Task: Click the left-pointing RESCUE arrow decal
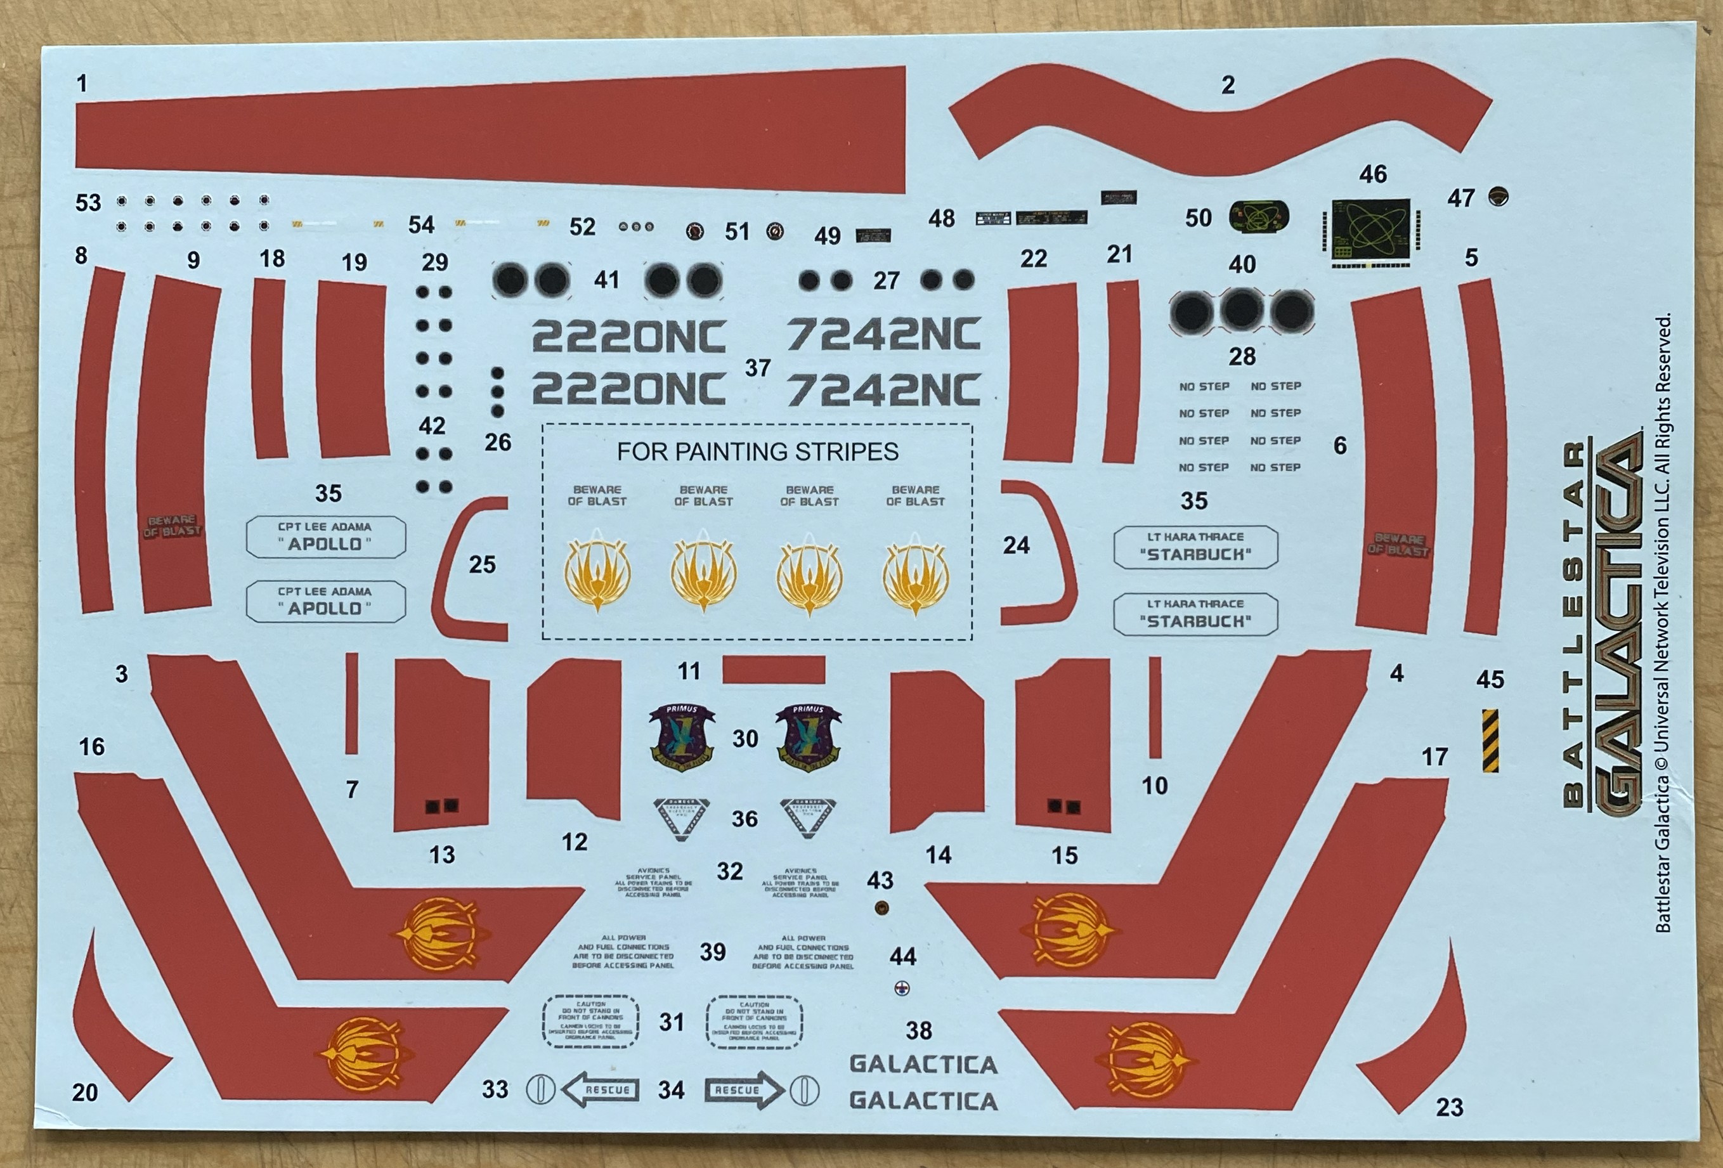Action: (601, 1089)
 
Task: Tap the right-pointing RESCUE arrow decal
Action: (744, 1089)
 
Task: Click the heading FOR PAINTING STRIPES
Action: (758, 451)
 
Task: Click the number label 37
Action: (758, 368)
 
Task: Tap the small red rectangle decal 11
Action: (773, 669)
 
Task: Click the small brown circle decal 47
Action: (1499, 197)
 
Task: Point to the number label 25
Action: (482, 565)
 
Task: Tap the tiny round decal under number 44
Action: (902, 988)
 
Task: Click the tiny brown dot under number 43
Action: (881, 908)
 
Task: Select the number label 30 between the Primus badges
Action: (745, 738)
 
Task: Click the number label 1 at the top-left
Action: (82, 83)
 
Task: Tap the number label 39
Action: (713, 952)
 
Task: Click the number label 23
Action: (1450, 1107)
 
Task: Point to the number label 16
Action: (92, 746)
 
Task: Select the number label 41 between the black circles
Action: (606, 280)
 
